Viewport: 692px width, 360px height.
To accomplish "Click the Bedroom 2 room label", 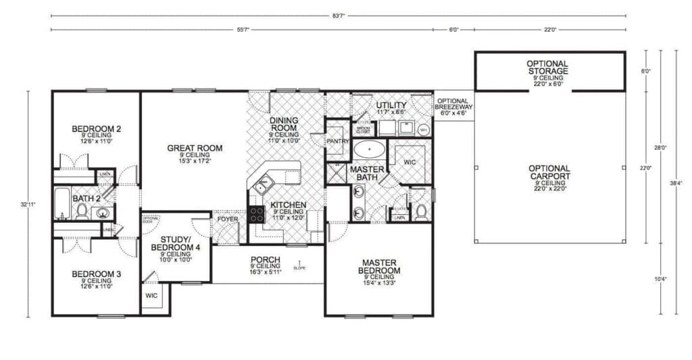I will click(96, 128).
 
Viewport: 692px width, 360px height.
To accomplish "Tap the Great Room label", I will click(195, 148).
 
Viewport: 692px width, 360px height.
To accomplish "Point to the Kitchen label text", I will click(289, 205).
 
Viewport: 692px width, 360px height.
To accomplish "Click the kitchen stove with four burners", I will click(257, 214).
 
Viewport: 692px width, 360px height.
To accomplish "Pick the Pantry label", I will click(337, 141).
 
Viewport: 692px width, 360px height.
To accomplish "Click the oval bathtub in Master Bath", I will click(369, 148).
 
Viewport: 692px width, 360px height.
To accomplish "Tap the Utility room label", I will click(391, 105).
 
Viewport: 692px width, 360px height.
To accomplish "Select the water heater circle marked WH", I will click(424, 129).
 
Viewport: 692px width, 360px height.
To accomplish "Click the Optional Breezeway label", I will click(453, 104).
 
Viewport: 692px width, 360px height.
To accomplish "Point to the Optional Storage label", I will click(547, 67).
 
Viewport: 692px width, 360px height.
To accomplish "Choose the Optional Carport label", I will click(549, 172).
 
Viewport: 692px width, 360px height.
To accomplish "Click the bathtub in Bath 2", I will click(61, 203).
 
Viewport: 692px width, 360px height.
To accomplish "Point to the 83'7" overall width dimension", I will click(337, 15).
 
